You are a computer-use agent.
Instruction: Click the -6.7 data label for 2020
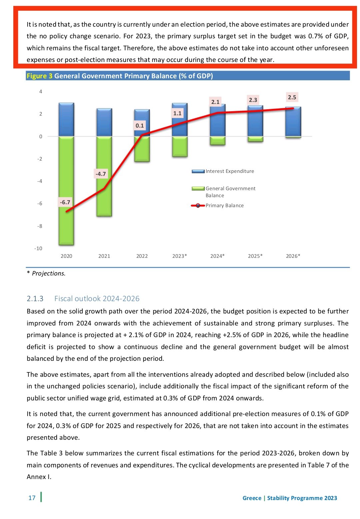(65, 202)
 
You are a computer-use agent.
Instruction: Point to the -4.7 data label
(101, 174)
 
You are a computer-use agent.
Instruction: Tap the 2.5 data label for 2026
(292, 97)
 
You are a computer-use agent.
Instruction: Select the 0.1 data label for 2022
(140, 126)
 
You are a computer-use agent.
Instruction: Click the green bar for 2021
(104, 176)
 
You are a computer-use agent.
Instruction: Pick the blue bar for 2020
(66, 120)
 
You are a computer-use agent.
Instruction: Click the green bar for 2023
(180, 147)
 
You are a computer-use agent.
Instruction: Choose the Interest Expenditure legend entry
(223, 171)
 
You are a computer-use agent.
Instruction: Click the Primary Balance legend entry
(217, 206)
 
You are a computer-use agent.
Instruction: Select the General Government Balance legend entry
(223, 192)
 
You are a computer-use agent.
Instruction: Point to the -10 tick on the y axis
(38, 249)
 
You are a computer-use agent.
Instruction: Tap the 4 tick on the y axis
(41, 92)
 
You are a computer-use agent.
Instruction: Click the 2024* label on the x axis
(217, 256)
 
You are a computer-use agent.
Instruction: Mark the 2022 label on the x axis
(142, 256)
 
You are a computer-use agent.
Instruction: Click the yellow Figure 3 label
(39, 76)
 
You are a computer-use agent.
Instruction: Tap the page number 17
(32, 498)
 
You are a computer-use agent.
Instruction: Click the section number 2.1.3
(35, 298)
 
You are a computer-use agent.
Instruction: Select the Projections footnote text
(46, 273)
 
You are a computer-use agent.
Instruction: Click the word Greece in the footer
(252, 498)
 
